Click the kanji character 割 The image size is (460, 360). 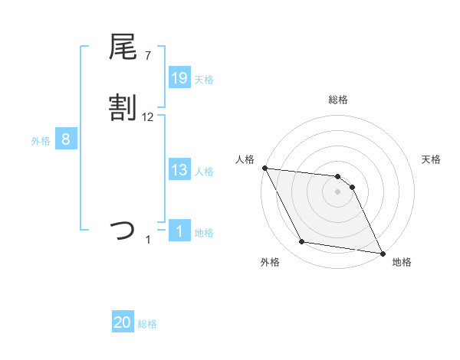pyautogui.click(x=123, y=109)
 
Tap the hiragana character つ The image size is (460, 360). pyautogui.click(x=123, y=231)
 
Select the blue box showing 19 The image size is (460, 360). pyautogui.click(x=179, y=77)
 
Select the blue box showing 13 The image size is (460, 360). pyautogui.click(x=179, y=170)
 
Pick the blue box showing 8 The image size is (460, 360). pyautogui.click(x=66, y=139)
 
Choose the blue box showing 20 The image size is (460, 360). pyautogui.click(x=123, y=323)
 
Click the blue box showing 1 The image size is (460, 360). pyautogui.click(x=179, y=231)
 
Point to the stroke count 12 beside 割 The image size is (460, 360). pyautogui.click(x=148, y=117)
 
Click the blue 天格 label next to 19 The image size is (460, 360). pyautogui.click(x=204, y=79)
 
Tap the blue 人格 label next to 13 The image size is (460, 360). pyautogui.click(x=204, y=172)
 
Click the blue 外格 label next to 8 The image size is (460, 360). pyautogui.click(x=41, y=141)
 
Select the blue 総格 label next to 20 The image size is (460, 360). pyautogui.click(x=147, y=325)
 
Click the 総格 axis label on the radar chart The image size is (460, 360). pyautogui.click(x=338, y=100)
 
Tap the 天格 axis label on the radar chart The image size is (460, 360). pyautogui.click(x=432, y=159)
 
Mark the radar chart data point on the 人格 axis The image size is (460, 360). pyautogui.click(x=264, y=168)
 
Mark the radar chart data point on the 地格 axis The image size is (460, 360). pyautogui.click(x=383, y=253)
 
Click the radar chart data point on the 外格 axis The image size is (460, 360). pyautogui.click(x=302, y=242)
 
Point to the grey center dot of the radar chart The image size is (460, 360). pyautogui.click(x=338, y=191)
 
